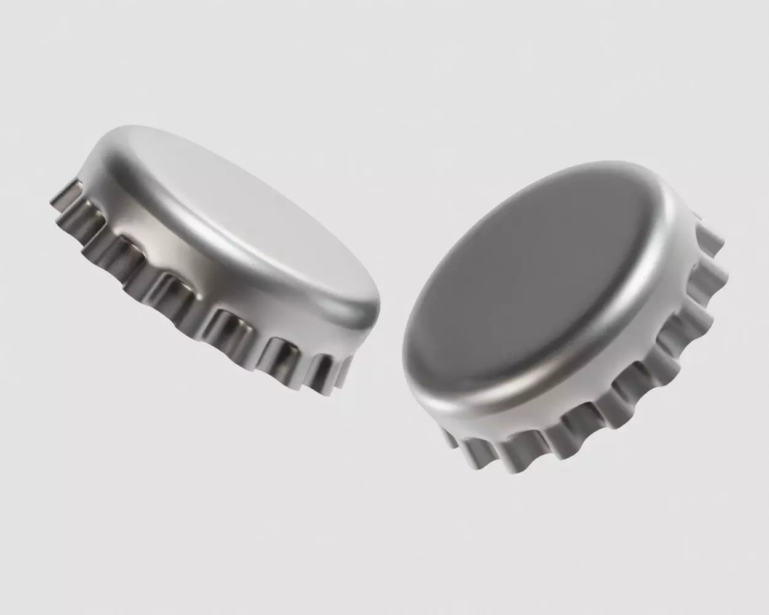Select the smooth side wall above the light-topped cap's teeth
point(203,246)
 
